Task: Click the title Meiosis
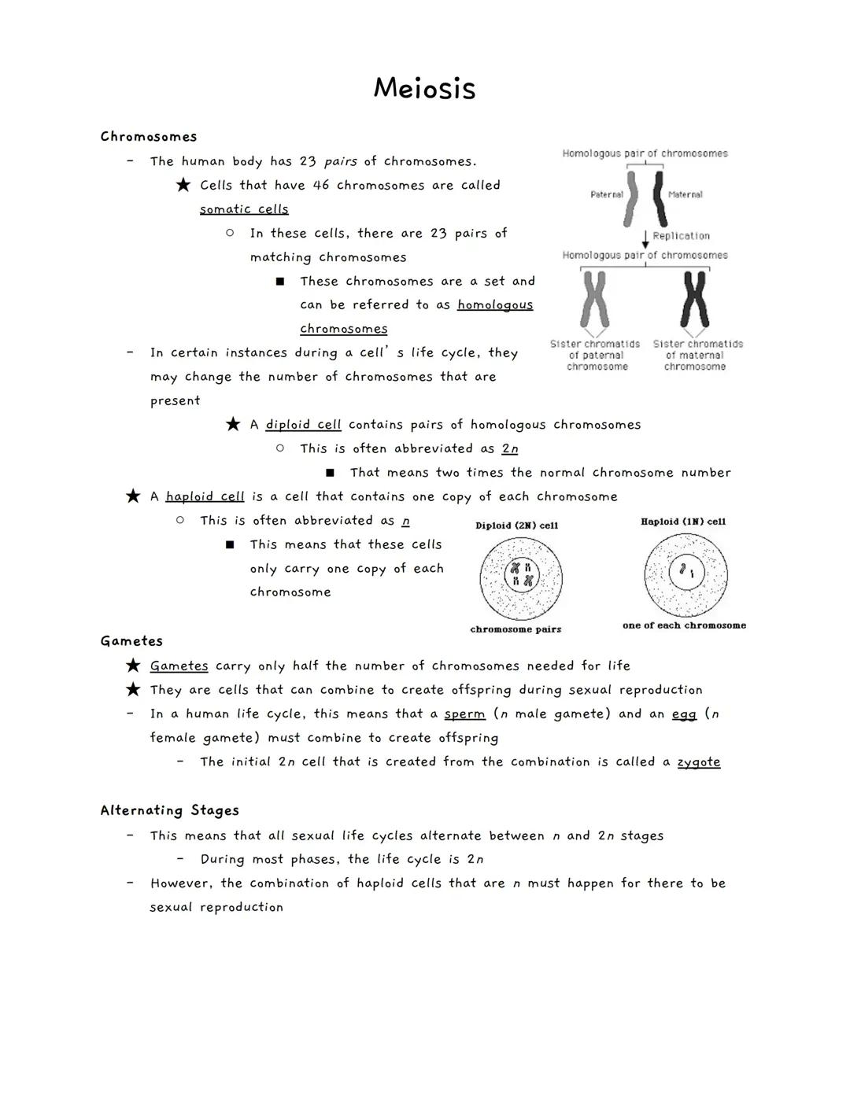pos(424,88)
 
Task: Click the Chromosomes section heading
pos(149,137)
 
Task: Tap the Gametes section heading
pos(131,641)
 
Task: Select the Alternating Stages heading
pos(169,810)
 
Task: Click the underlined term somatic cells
pos(244,209)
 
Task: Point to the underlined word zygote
pos(698,762)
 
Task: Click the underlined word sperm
pos(464,714)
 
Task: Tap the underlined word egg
pos(684,714)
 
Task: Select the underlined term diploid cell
pos(303,425)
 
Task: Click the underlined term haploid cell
pos(205,497)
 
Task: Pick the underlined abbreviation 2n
pos(510,449)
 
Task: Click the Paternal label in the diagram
pos(606,194)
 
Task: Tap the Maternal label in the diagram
pos(685,194)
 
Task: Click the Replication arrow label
pos(681,236)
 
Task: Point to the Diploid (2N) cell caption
pos(516,526)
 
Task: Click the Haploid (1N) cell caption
pos(683,522)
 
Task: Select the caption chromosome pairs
pos(516,629)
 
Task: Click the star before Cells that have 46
pos(183,186)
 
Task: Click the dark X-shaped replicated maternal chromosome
pos(695,299)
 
